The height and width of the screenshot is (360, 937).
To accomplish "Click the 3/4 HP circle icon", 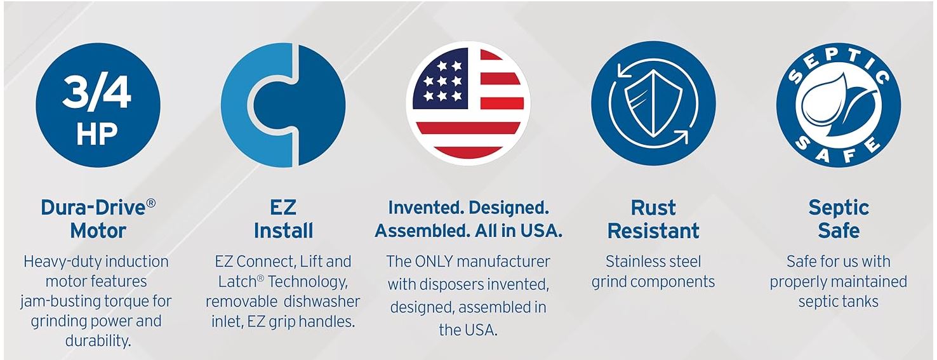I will (98, 104).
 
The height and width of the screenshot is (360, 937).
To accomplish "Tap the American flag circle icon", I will (468, 104).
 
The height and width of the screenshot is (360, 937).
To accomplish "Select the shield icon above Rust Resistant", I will (653, 104).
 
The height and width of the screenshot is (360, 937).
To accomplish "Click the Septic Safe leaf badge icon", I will (838, 104).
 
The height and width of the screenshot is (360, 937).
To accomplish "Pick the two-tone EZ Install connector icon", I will (283, 104).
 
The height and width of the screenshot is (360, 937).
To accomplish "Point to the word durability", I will (98, 340).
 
